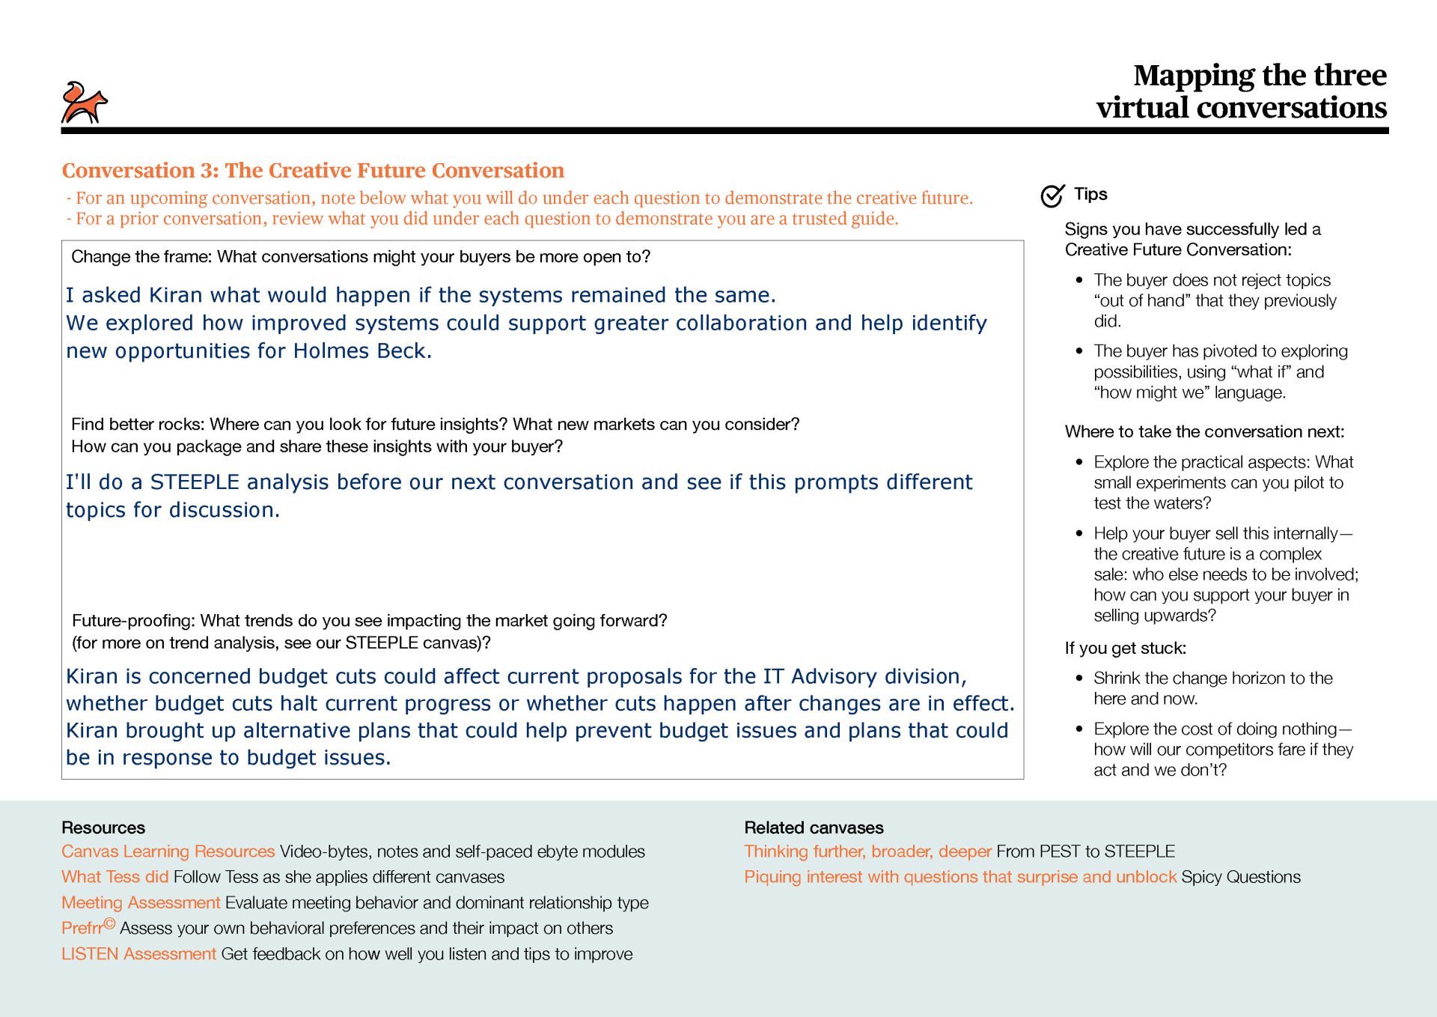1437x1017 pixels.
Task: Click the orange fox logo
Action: pyautogui.click(x=84, y=103)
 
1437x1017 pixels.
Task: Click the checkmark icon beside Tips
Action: pyautogui.click(x=1052, y=195)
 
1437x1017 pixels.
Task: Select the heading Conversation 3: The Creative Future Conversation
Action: pyautogui.click(x=313, y=171)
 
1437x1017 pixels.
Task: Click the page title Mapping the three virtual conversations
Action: pyautogui.click(x=1242, y=91)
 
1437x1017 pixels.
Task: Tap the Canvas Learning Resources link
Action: pyautogui.click(x=168, y=851)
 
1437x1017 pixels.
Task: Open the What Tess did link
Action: pyautogui.click(x=115, y=877)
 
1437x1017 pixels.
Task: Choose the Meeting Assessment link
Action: pyautogui.click(x=141, y=902)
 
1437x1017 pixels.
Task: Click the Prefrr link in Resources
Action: pyautogui.click(x=83, y=928)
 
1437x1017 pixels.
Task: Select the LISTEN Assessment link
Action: pyautogui.click(x=138, y=954)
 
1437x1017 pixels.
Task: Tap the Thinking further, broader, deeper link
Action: pyautogui.click(x=867, y=851)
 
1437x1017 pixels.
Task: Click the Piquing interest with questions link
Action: pyautogui.click(x=959, y=877)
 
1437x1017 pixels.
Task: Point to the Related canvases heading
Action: pyautogui.click(x=814, y=828)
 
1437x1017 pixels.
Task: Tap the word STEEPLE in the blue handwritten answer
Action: pyautogui.click(x=195, y=482)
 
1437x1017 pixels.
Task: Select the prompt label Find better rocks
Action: pyautogui.click(x=138, y=425)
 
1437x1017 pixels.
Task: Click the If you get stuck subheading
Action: pyautogui.click(x=1125, y=649)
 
